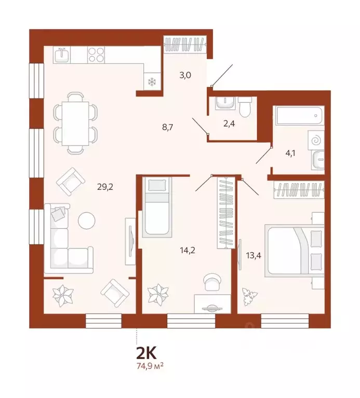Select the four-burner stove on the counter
point(97,54)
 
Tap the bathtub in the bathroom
point(300,115)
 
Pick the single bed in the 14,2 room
point(156,207)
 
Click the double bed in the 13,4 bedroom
point(294,250)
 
